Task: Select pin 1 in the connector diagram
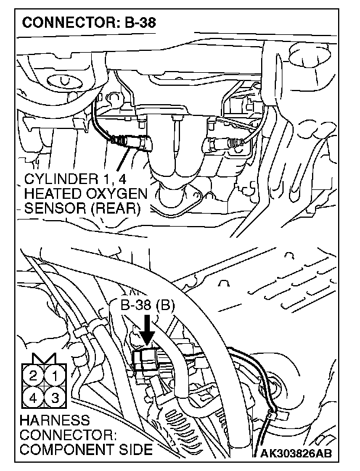click(x=54, y=375)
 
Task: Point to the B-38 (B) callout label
click(x=147, y=306)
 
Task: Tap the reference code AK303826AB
click(x=296, y=454)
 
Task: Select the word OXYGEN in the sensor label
click(x=120, y=194)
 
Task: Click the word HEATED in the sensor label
click(x=56, y=194)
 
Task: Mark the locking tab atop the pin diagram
click(x=44, y=359)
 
